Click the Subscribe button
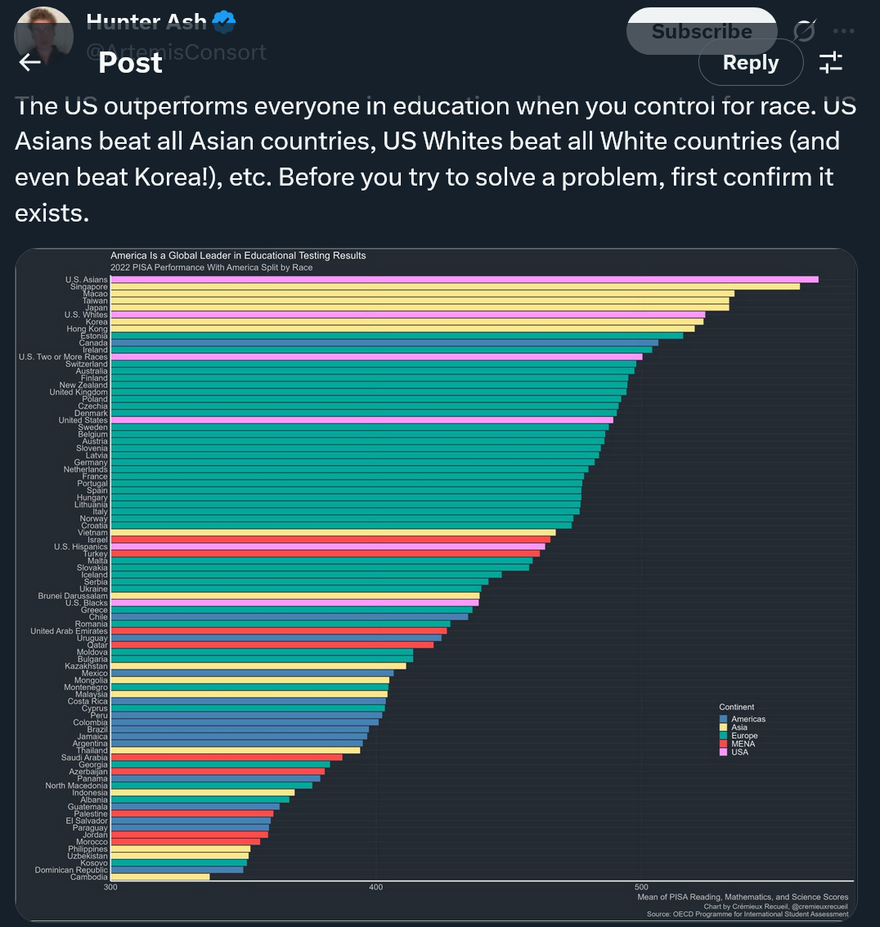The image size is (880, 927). pos(701,31)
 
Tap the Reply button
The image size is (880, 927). pos(751,62)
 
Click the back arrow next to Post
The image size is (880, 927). pos(30,62)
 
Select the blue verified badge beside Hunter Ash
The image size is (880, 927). pos(224,21)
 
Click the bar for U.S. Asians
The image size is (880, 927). pos(464,280)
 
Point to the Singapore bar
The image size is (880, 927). pos(455,287)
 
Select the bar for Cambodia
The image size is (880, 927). pos(160,877)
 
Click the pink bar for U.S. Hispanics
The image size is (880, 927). pos(327,547)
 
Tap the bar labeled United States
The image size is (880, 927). pos(361,420)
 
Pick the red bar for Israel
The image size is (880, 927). pos(330,540)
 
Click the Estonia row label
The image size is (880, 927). pos(93,336)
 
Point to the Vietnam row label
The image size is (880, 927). pos(92,533)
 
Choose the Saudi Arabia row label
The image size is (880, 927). pos(84,758)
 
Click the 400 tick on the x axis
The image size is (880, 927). pos(376,887)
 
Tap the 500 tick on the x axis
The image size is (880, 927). pos(641,887)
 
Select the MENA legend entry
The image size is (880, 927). pos(743,744)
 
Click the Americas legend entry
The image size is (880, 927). pos(748,719)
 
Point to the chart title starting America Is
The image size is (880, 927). pos(238,256)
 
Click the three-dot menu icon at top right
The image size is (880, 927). pos(843,31)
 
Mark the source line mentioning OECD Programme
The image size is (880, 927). pos(747,914)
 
